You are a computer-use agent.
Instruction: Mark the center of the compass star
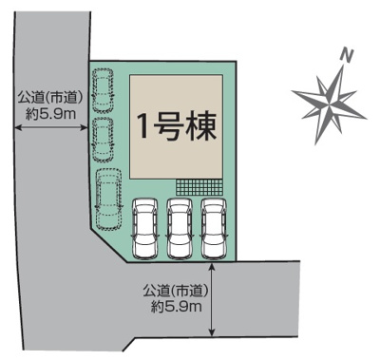[330, 98]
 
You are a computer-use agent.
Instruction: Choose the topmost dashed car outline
[104, 91]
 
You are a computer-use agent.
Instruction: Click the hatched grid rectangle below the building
[199, 188]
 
